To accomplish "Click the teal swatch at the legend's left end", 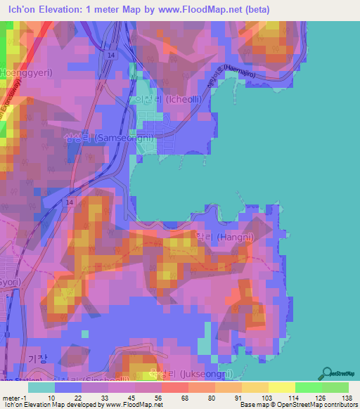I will [x=41, y=387].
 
